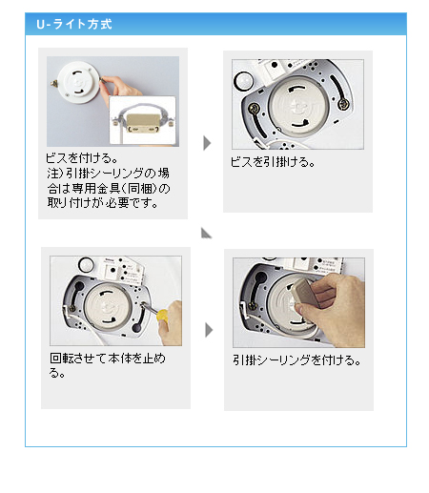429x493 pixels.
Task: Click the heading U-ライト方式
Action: pyautogui.click(x=74, y=24)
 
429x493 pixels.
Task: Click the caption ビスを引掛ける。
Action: pyautogui.click(x=273, y=162)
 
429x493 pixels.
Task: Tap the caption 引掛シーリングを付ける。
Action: pyautogui.click(x=296, y=360)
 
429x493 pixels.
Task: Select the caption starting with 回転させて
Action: pyautogui.click(x=108, y=365)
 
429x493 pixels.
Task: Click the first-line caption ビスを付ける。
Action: pyautogui.click(x=82, y=158)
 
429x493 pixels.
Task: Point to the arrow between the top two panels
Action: pyautogui.click(x=207, y=143)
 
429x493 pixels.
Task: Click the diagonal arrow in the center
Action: pyautogui.click(x=206, y=233)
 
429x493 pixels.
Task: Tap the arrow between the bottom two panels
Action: pyautogui.click(x=209, y=330)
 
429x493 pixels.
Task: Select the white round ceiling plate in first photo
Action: pyautogui.click(x=77, y=82)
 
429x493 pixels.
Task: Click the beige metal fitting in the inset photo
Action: pyautogui.click(x=142, y=123)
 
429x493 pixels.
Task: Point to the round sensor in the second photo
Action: pyautogui.click(x=243, y=80)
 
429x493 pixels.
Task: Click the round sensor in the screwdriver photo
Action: pyautogui.click(x=86, y=264)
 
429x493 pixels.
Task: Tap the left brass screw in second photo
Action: pyautogui.click(x=255, y=109)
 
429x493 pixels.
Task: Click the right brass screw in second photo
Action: pyautogui.click(x=343, y=104)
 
